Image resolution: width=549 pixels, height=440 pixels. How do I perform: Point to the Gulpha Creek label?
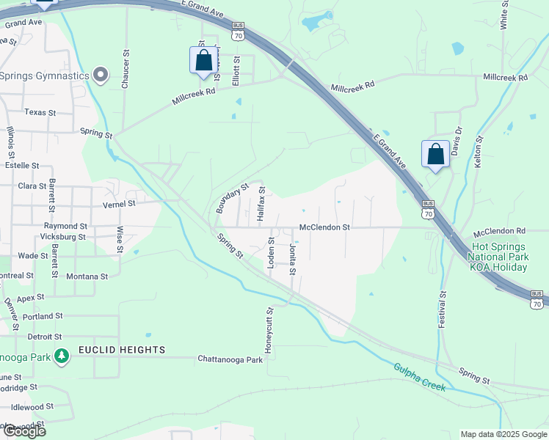point(419,378)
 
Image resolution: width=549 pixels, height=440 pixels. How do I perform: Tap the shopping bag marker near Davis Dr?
point(435,154)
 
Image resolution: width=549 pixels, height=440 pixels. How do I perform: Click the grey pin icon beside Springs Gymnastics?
point(101,75)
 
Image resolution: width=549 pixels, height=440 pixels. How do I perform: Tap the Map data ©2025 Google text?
point(503,434)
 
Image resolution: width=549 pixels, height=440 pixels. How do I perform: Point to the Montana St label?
point(87,276)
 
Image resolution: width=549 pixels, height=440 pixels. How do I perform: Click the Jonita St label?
point(292,260)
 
